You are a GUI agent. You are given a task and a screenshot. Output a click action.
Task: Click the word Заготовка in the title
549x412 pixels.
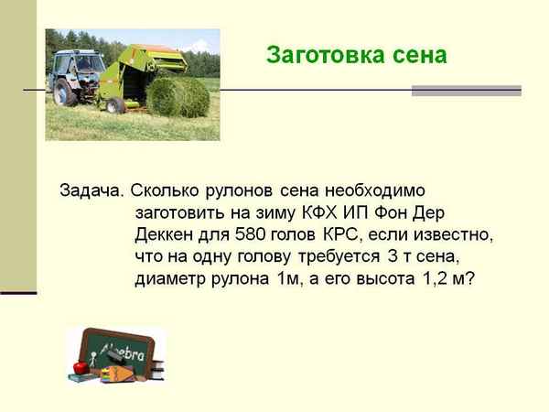317,55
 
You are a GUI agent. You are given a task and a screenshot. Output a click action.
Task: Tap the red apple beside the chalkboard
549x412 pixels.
80,367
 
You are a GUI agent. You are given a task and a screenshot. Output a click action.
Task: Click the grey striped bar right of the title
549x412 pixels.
466,91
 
